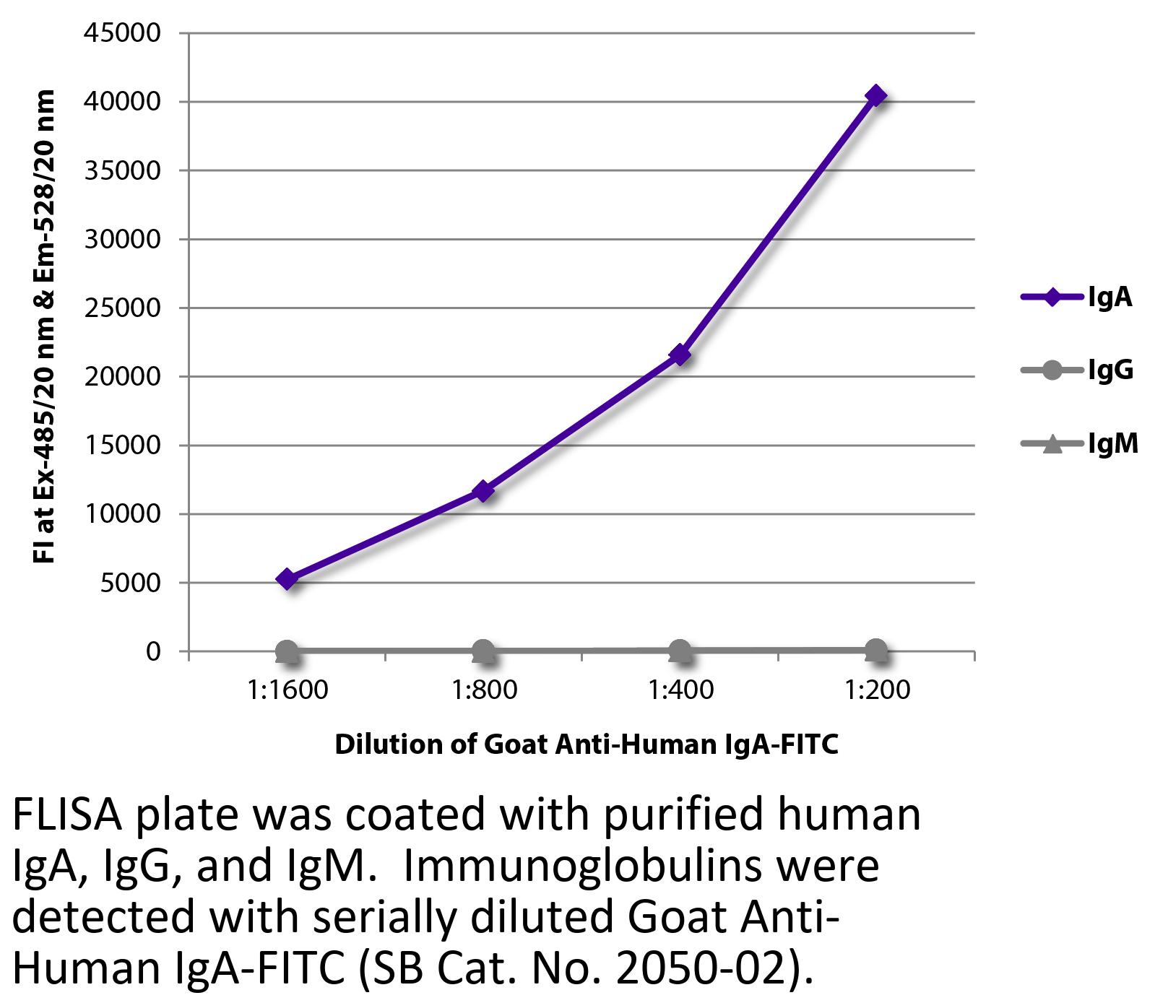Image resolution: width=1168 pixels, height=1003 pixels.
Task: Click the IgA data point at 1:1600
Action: click(x=287, y=579)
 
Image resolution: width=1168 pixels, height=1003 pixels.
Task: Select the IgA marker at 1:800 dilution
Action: click(x=483, y=492)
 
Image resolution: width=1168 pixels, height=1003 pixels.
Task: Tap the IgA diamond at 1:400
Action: click(x=680, y=355)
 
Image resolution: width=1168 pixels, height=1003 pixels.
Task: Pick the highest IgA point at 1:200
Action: click(x=876, y=95)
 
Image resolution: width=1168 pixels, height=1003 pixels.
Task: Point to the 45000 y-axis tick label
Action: click(x=122, y=33)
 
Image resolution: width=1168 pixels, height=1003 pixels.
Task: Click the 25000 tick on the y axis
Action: click(x=122, y=308)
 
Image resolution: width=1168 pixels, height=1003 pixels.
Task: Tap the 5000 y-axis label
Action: click(x=130, y=583)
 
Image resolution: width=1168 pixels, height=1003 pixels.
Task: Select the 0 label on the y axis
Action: click(x=152, y=651)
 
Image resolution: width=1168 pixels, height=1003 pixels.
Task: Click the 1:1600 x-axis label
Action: click(x=287, y=690)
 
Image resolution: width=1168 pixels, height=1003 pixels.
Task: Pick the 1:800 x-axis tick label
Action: click(x=484, y=690)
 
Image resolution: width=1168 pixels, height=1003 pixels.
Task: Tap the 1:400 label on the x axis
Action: click(x=680, y=690)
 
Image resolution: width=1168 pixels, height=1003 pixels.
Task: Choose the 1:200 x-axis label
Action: click(x=877, y=690)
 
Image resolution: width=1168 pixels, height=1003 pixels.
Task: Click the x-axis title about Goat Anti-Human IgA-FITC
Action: click(x=586, y=744)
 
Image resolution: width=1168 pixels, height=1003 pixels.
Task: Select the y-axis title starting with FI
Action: click(x=44, y=326)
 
